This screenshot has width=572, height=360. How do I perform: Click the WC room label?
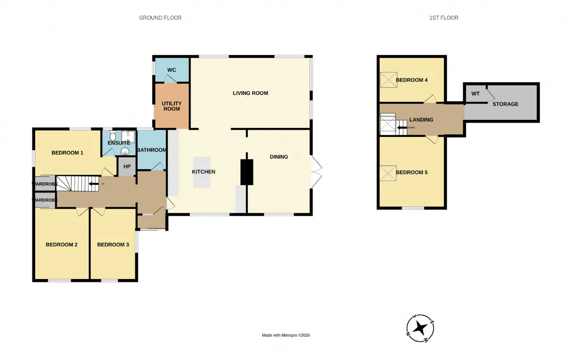pos(172,70)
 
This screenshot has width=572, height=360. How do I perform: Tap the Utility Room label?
pos(172,106)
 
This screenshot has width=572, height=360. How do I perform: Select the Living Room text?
pos(250,93)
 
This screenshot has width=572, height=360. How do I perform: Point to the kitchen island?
pos(202,172)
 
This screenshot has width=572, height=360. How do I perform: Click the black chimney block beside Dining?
pos(247,172)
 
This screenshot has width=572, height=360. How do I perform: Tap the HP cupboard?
pos(127,167)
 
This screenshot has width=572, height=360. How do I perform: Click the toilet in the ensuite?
pos(113,136)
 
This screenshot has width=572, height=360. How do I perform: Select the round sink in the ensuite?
pos(125,151)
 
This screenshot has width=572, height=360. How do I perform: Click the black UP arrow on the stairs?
pos(93,184)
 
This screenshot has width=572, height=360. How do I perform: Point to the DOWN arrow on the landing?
pos(402,127)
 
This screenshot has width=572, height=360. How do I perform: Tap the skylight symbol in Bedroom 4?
pos(388,80)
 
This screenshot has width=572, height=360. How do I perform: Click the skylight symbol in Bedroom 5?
pos(388,173)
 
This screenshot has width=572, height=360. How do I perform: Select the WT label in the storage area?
pos(475,94)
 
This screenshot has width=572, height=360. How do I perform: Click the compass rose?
pos(420,328)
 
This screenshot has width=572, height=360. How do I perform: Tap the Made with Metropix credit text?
pos(286,335)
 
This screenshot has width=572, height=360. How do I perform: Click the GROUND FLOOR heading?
pos(160,18)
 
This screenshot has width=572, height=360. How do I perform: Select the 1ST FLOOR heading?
pos(444,18)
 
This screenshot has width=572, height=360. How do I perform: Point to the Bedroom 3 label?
pos(113,245)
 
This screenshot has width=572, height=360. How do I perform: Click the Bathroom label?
pos(151,150)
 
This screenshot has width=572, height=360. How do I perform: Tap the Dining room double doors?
pos(316,172)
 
